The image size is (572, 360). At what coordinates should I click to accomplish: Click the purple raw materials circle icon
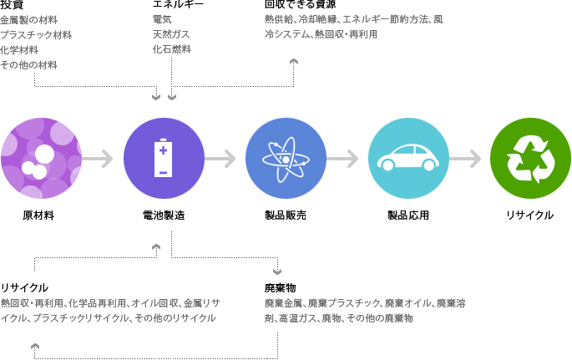(x=41, y=158)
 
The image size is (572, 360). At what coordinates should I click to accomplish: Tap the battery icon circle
(x=164, y=158)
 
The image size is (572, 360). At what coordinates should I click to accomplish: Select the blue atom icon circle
(x=286, y=158)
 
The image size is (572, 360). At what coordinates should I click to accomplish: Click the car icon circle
(x=408, y=158)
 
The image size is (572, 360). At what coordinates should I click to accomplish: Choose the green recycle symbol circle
(x=530, y=158)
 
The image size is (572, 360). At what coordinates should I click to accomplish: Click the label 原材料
(x=38, y=215)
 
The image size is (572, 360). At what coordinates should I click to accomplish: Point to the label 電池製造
(x=164, y=215)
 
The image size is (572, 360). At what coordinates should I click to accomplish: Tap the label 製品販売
(x=286, y=215)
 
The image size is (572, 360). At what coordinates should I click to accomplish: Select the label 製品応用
(x=408, y=215)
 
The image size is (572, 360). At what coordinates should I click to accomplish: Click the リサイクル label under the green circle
(x=530, y=215)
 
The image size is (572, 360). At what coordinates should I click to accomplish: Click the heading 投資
(x=12, y=5)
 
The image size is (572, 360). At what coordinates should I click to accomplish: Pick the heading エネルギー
(x=178, y=5)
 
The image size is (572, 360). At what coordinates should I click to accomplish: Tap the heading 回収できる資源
(x=300, y=5)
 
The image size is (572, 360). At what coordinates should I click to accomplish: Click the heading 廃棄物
(x=281, y=287)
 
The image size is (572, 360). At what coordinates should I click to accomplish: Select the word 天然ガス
(x=171, y=34)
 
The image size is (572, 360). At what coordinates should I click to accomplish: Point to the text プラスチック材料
(x=36, y=35)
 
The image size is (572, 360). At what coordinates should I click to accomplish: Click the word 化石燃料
(x=171, y=49)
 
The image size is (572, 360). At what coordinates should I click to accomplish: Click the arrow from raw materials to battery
(x=98, y=159)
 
